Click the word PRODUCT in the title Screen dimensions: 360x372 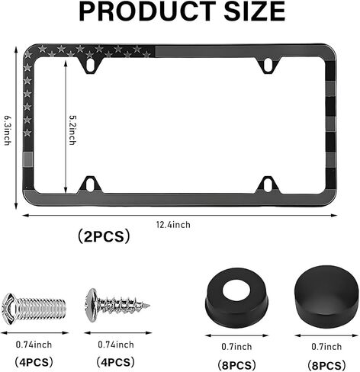click(x=147, y=11)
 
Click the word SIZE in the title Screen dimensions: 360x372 click(x=255, y=11)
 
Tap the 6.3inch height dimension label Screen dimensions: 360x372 click(x=8, y=130)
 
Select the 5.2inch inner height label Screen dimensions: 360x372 click(x=72, y=130)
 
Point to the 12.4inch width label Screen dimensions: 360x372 click(x=173, y=225)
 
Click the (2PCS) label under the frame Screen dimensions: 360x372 click(x=104, y=236)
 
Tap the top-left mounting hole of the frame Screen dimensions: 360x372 click(x=90, y=65)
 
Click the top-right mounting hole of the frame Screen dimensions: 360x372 click(x=268, y=65)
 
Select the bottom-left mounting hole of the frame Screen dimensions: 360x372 click(x=90, y=184)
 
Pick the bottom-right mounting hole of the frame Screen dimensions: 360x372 click(x=268, y=184)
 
